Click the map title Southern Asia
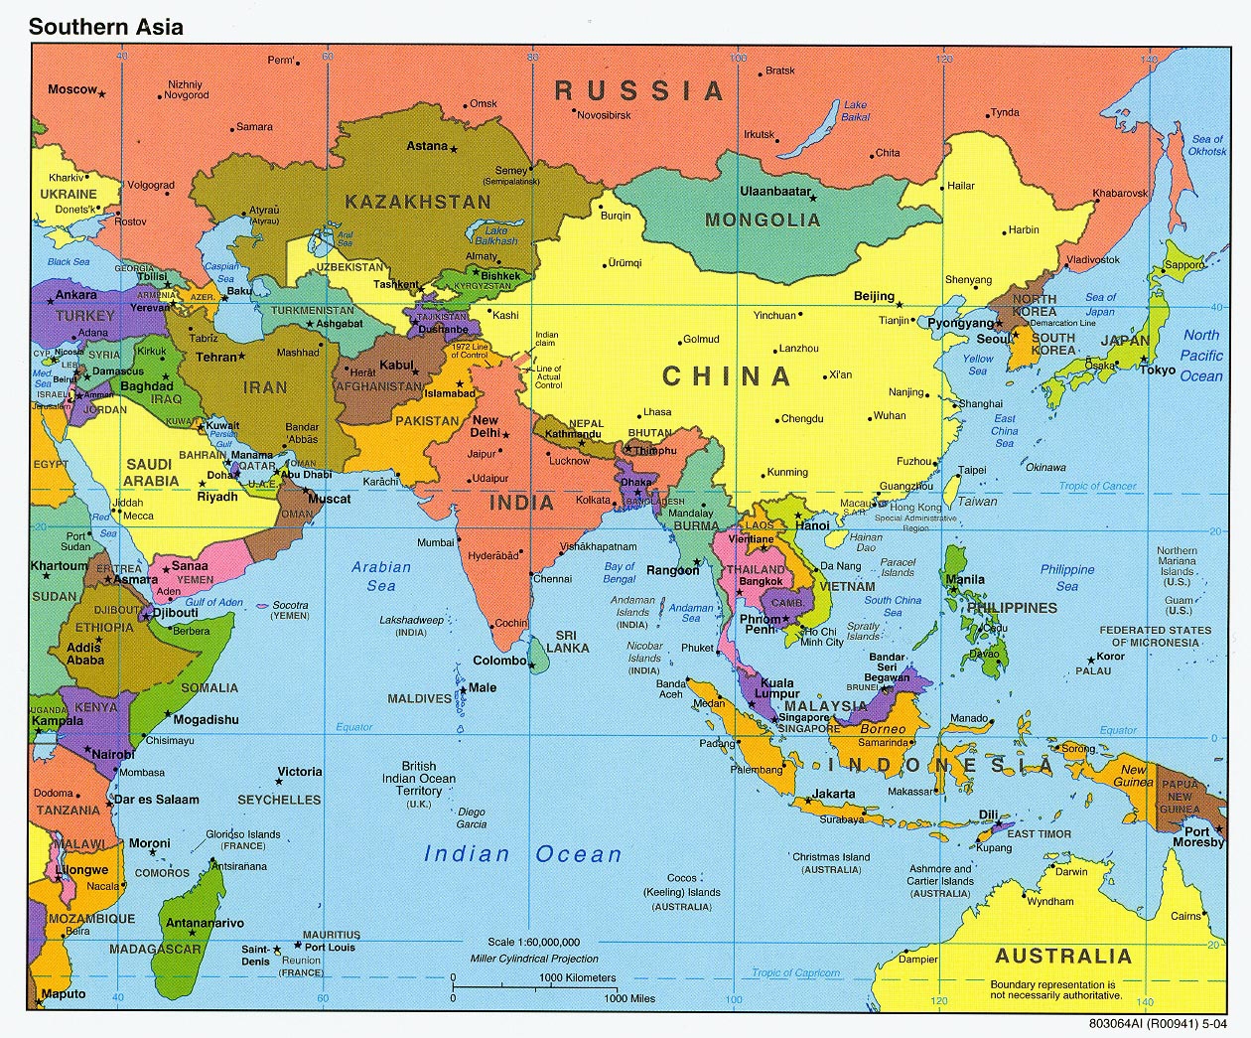[105, 27]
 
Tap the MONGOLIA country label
[763, 220]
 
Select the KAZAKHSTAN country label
[418, 202]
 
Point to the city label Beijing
[874, 296]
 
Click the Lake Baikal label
[855, 110]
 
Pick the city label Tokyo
[1158, 370]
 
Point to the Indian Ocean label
[522, 854]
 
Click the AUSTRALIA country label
[1063, 956]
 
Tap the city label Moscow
[72, 89]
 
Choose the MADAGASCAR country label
[155, 949]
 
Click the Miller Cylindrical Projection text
[534, 959]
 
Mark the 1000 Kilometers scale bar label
[578, 977]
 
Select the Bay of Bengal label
[620, 572]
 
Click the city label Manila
[965, 579]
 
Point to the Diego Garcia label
[472, 817]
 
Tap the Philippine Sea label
[1067, 577]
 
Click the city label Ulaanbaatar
[775, 191]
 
